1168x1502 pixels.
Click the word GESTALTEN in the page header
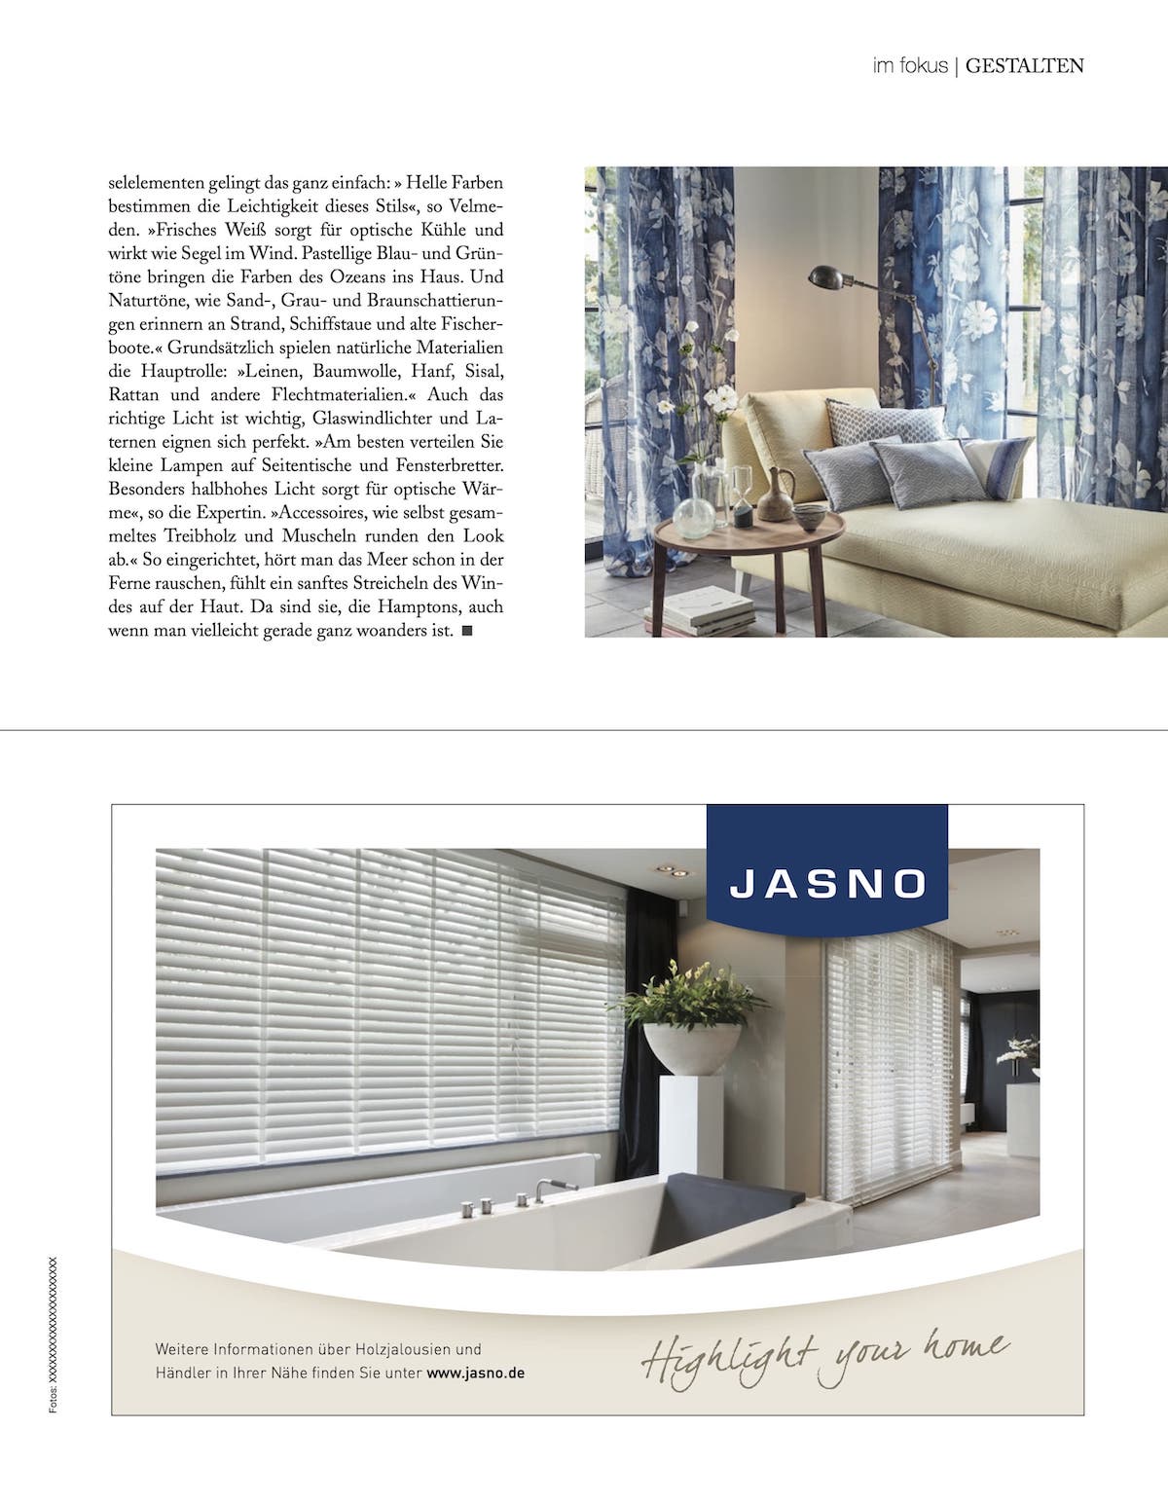point(1025,67)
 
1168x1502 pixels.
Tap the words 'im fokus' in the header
point(910,67)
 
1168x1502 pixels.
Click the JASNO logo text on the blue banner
point(828,883)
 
